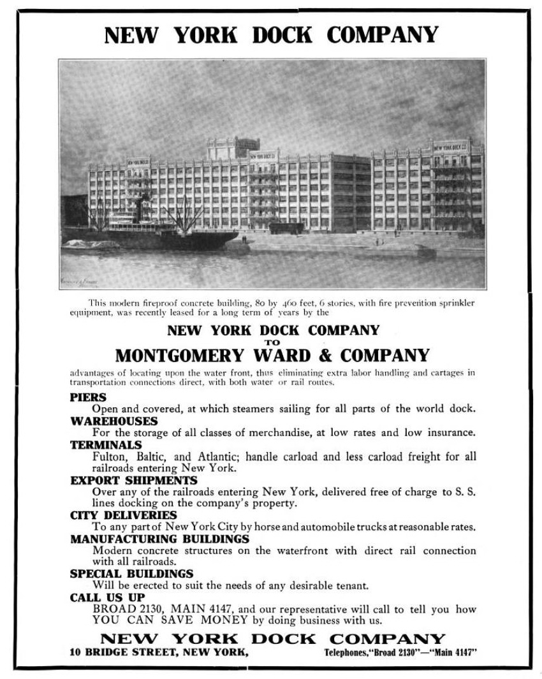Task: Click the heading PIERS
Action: pos(88,397)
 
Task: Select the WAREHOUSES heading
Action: pos(114,421)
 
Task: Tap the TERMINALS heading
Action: pos(106,445)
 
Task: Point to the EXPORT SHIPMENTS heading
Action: pos(134,480)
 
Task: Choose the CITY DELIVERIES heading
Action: pos(124,515)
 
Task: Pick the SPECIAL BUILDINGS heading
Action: pos(131,574)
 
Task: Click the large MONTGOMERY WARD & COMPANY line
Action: pos(272,354)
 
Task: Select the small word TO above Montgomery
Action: pos(272,341)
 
